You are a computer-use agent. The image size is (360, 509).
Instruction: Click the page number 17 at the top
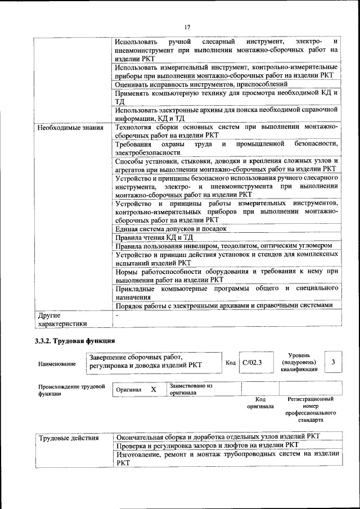(x=187, y=26)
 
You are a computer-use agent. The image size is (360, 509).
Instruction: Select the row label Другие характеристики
(x=62, y=319)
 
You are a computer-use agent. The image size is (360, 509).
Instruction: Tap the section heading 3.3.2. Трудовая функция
(x=75, y=341)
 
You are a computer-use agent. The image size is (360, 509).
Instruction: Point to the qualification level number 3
(x=334, y=362)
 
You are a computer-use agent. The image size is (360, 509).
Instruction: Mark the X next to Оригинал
(x=153, y=389)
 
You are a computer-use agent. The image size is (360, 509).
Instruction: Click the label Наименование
(x=57, y=364)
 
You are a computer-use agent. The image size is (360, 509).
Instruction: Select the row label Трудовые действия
(x=68, y=437)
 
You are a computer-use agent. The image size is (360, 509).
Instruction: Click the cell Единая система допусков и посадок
(x=170, y=229)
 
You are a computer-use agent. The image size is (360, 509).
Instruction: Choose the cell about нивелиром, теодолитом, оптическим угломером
(x=223, y=246)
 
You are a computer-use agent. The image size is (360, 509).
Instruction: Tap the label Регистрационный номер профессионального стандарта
(x=310, y=409)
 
